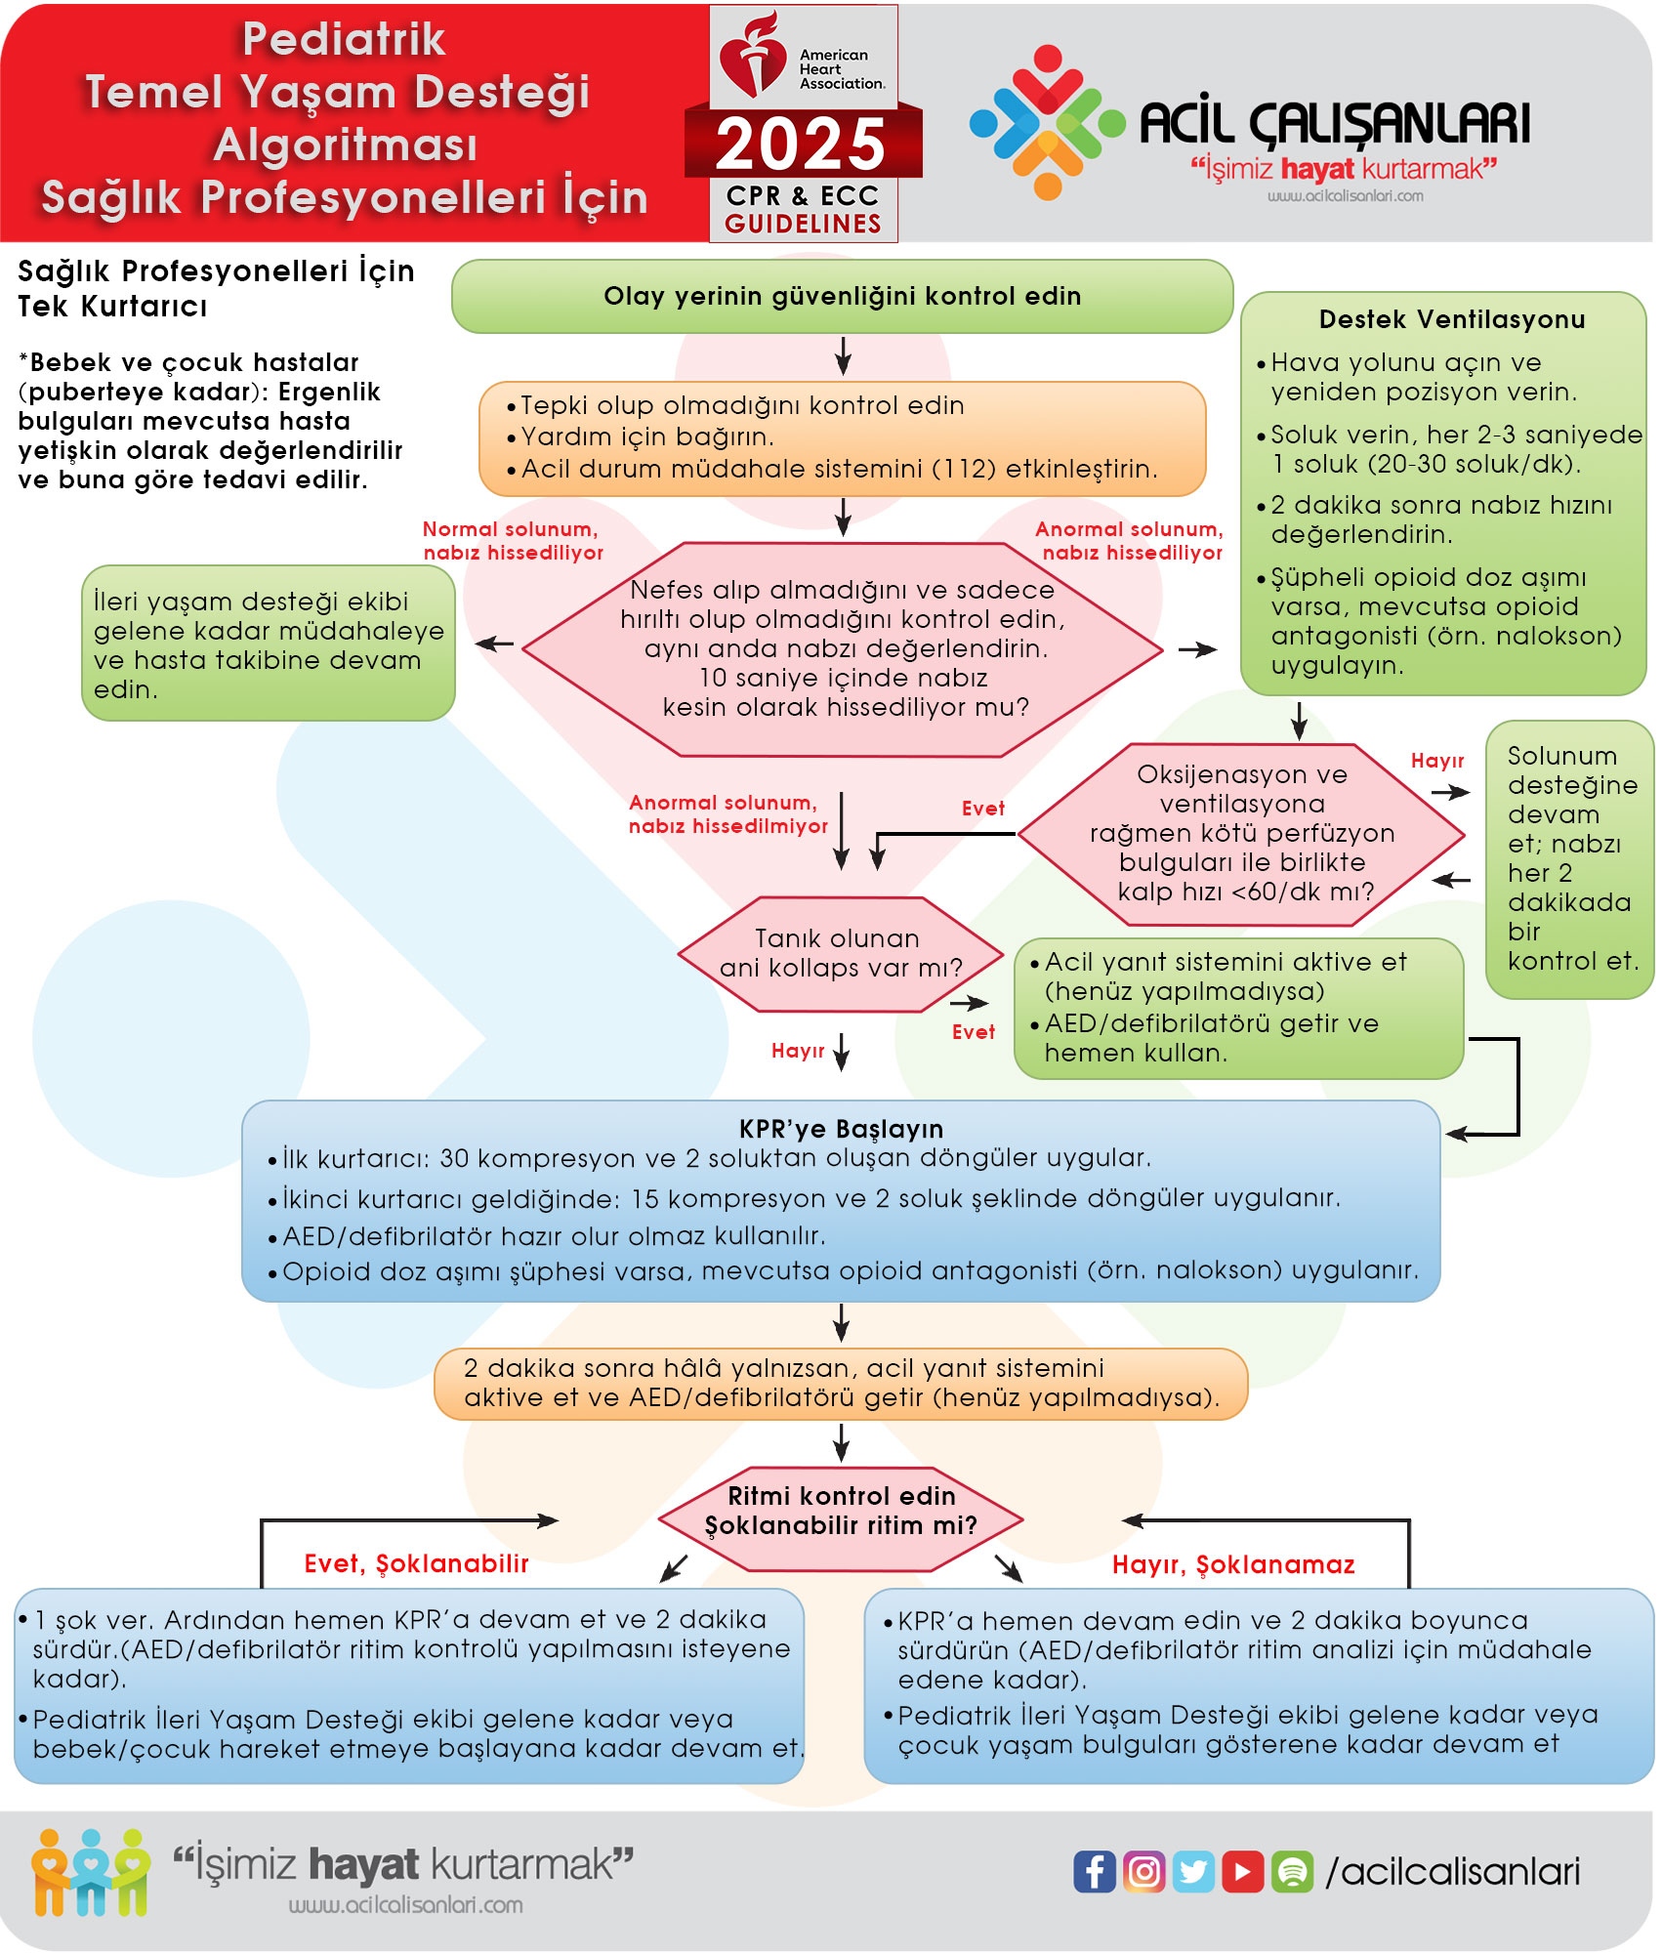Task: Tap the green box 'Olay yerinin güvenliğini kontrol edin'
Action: pyautogui.click(x=842, y=296)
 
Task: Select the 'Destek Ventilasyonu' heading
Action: pyautogui.click(x=1451, y=319)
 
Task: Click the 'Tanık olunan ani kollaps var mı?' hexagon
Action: pyautogui.click(x=841, y=954)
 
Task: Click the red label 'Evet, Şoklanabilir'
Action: pyautogui.click(x=416, y=1563)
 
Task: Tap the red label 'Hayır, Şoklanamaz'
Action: pyautogui.click(x=1233, y=1564)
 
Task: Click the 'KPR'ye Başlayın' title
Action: pyautogui.click(x=841, y=1129)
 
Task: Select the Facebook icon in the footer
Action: pyautogui.click(x=1095, y=1871)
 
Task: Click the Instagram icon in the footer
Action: pyautogui.click(x=1143, y=1871)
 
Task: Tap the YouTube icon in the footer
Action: pyautogui.click(x=1242, y=1871)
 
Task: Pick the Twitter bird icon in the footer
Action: pyautogui.click(x=1193, y=1871)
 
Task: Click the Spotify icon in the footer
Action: pyautogui.click(x=1292, y=1871)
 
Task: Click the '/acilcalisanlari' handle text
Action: pyautogui.click(x=1452, y=1871)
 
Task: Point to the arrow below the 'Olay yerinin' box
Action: pyautogui.click(x=843, y=355)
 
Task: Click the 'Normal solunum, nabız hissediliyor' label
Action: pyautogui.click(x=513, y=540)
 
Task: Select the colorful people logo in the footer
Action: pyautogui.click(x=91, y=1871)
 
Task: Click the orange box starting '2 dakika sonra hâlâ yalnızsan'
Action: pyautogui.click(x=841, y=1383)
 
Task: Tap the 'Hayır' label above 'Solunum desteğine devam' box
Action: pyautogui.click(x=1436, y=761)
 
